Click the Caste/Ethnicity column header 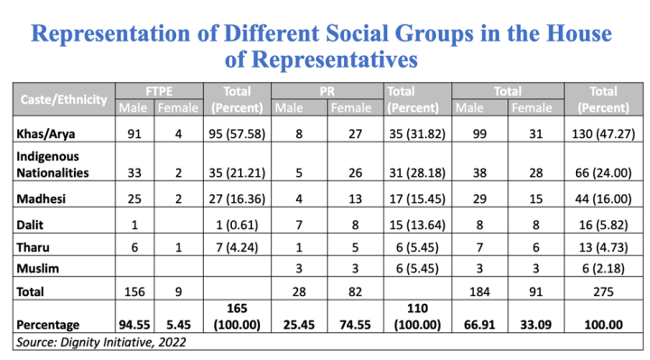[64, 99]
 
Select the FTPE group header [159, 91]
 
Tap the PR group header [327, 91]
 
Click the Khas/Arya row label [46, 134]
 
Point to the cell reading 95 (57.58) [237, 134]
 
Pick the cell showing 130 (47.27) [603, 134]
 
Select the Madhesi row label [41, 198]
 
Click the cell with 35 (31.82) [417, 134]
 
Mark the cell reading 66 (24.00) [603, 172]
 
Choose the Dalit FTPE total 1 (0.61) [237, 225]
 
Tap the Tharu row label [32, 247]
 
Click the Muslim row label [38, 269]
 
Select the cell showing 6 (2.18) [603, 269]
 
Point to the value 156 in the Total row [135, 291]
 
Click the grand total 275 [603, 291]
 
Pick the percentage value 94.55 [135, 325]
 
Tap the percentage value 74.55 [356, 325]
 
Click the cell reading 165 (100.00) [237, 317]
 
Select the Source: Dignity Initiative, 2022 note [101, 342]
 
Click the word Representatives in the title [335, 60]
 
